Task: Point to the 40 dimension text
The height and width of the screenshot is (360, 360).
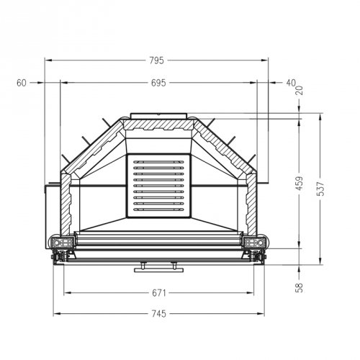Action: coord(290,83)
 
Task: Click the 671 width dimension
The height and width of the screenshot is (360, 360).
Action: coord(159,293)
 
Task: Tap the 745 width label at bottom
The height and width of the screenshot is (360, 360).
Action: coord(159,313)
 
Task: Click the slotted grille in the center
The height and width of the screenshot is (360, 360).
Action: coord(160,185)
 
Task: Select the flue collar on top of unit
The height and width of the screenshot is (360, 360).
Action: coord(160,116)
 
